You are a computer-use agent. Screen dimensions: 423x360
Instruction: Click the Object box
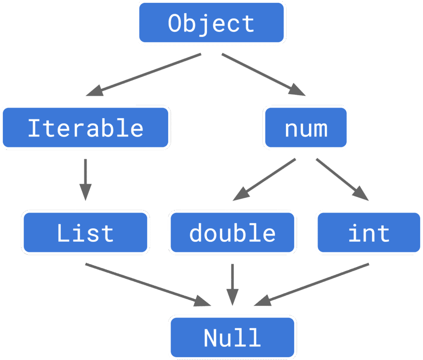click(x=211, y=23)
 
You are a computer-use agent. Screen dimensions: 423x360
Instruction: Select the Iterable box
click(x=86, y=128)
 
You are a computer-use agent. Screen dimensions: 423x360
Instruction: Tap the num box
click(x=306, y=128)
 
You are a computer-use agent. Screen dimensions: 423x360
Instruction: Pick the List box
click(x=86, y=232)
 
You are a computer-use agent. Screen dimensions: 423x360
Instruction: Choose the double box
click(x=233, y=232)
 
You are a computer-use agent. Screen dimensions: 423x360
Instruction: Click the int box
click(x=369, y=232)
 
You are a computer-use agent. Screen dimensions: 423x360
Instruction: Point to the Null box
click(x=233, y=337)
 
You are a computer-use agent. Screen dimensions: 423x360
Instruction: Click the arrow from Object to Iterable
click(x=143, y=75)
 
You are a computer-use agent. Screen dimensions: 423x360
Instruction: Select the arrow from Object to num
click(x=264, y=75)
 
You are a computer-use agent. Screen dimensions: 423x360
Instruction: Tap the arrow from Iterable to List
click(x=86, y=180)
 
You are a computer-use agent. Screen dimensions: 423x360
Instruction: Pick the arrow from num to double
click(x=264, y=180)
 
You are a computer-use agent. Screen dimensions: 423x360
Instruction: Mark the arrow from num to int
click(x=342, y=180)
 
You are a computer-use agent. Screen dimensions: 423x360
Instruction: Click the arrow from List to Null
click(x=148, y=285)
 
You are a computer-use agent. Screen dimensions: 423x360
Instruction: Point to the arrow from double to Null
click(x=233, y=285)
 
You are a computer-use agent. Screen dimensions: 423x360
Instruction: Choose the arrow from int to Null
click(x=311, y=285)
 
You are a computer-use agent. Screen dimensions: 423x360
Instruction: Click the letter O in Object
click(x=175, y=23)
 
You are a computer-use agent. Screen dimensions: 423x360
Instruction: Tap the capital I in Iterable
click(x=35, y=128)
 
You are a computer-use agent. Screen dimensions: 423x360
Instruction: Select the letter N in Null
click(x=210, y=338)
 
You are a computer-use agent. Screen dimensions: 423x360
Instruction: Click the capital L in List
click(x=63, y=233)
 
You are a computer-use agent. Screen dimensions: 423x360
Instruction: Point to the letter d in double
click(x=195, y=232)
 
